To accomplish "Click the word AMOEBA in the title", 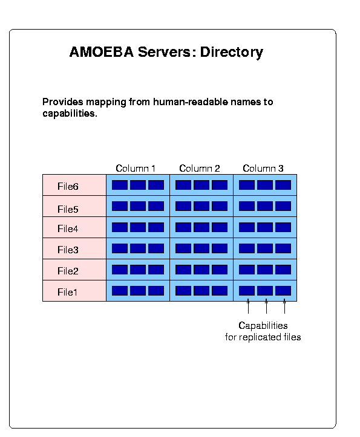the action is (x=102, y=52).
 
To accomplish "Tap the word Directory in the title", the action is (x=232, y=53).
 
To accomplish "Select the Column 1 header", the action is (x=136, y=169).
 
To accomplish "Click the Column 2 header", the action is (x=199, y=169).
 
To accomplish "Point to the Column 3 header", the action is (x=263, y=169).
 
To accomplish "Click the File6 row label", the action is (x=68, y=186).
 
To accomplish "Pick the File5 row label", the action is (x=68, y=209).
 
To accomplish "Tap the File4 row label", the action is (x=68, y=228).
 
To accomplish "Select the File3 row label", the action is (x=68, y=250).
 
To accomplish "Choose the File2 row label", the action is (x=68, y=271).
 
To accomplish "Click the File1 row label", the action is (x=67, y=292).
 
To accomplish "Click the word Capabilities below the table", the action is (x=263, y=326).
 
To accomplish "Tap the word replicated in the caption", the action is (x=260, y=337).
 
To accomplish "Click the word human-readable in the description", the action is (x=191, y=102).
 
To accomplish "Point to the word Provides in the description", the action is (x=63, y=102).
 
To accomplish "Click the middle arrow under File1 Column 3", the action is (x=266, y=306).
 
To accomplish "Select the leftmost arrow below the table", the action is (x=248, y=306).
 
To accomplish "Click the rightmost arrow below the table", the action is (x=284, y=306).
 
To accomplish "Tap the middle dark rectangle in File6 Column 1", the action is (x=138, y=185).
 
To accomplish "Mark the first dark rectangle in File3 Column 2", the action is (x=183, y=248).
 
